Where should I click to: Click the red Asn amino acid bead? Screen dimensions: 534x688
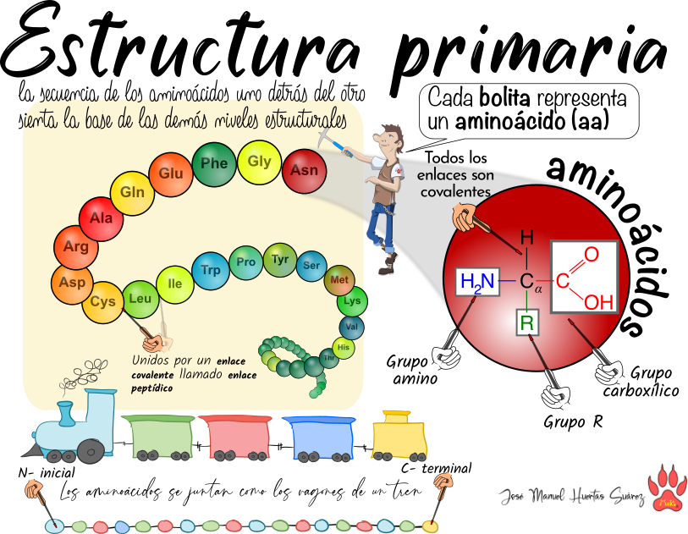coord(304,170)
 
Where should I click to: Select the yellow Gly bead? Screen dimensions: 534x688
coord(259,162)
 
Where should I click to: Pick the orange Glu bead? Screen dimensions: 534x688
coord(171,174)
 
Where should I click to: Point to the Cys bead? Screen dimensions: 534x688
coord(102,302)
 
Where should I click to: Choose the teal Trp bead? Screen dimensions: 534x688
coord(211,271)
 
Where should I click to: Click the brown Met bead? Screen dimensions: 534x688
coord(339,280)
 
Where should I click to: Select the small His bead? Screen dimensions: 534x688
coord(344,347)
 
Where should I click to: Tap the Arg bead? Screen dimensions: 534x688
coord(75,247)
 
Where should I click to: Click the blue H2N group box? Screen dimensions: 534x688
coord(477,282)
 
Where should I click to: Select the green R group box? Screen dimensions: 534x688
coord(527,322)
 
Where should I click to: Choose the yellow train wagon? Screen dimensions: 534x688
coord(399,437)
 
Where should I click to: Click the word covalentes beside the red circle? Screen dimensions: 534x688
coord(454,192)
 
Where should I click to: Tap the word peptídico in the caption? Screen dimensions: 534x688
coord(151,388)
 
